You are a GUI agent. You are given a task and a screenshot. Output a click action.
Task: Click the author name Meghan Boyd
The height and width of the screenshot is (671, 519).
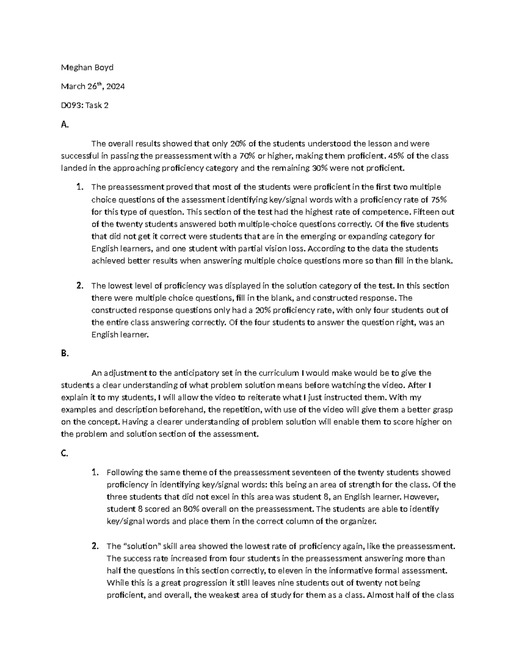[87, 67]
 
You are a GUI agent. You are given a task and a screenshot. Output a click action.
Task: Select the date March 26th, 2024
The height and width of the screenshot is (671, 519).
[93, 86]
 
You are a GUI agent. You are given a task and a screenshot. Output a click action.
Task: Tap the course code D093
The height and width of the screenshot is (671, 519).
[71, 105]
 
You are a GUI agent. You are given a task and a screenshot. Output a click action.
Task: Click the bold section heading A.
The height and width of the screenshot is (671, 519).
[65, 124]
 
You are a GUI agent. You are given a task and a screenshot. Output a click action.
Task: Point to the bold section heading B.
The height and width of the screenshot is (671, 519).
[65, 353]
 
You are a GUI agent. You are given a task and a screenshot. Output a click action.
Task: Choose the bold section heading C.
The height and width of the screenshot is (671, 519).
[65, 453]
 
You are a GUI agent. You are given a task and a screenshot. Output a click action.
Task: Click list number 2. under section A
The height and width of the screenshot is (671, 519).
[80, 286]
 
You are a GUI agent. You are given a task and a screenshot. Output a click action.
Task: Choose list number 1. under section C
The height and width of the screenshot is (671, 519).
[95, 472]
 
